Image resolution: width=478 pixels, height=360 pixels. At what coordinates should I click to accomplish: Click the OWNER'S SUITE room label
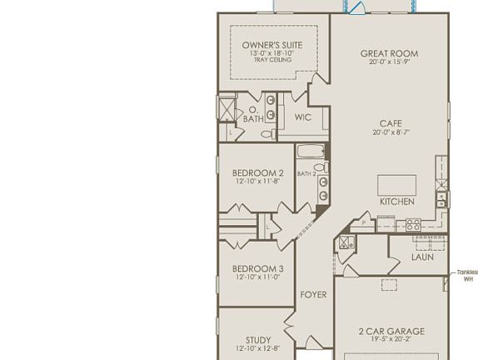272,45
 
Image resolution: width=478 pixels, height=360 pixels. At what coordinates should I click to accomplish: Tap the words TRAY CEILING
272,61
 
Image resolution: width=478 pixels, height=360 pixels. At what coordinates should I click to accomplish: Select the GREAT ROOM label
389,53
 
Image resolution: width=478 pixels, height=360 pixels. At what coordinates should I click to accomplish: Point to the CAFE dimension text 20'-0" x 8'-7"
391,132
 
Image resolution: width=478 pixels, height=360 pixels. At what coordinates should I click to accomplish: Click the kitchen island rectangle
396,185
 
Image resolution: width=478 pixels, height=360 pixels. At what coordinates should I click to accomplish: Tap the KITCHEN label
396,202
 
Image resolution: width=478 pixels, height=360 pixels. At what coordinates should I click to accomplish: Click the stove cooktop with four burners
412,225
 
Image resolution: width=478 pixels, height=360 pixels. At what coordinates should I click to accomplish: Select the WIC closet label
303,117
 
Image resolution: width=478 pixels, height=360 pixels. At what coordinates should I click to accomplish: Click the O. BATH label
252,115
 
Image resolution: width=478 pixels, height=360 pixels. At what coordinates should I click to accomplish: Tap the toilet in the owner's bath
267,133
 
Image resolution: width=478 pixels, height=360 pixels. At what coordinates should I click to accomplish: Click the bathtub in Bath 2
311,152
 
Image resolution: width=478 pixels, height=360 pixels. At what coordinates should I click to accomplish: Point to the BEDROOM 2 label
257,173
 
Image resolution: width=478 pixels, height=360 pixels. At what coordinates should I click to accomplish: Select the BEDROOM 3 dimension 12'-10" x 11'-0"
257,277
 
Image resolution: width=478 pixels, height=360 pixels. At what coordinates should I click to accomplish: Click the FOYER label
313,295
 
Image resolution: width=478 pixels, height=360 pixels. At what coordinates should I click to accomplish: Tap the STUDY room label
257,340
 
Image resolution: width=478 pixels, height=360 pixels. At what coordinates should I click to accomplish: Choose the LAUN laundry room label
422,257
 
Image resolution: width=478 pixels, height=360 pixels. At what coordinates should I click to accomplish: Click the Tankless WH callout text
467,276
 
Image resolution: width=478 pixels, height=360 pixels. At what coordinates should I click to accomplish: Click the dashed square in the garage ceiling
389,285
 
